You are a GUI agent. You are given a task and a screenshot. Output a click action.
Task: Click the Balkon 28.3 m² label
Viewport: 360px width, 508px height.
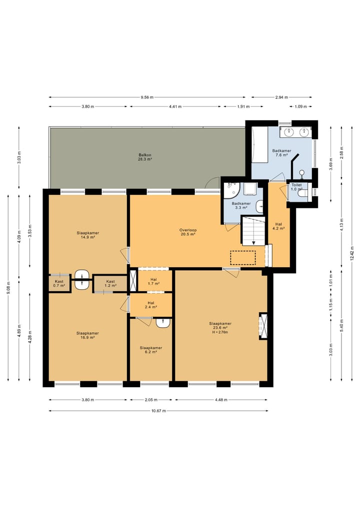145,157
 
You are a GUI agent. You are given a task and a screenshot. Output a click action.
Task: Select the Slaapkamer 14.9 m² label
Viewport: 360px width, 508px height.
88,235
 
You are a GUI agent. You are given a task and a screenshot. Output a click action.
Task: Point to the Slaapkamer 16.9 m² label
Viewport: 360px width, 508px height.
87,335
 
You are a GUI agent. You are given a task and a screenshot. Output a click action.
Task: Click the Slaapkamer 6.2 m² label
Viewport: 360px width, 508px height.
151,350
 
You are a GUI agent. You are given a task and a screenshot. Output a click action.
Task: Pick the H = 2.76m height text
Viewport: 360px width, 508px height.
220,332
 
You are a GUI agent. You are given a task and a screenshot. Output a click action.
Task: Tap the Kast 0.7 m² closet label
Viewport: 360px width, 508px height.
59,284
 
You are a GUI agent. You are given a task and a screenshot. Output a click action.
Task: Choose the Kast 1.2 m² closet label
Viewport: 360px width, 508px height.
110,284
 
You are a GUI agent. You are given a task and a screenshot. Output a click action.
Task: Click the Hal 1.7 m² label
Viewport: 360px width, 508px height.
153,282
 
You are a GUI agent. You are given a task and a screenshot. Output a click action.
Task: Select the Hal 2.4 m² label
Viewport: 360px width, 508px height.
151,305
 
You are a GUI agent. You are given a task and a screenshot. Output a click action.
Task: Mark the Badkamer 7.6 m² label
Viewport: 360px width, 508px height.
281,153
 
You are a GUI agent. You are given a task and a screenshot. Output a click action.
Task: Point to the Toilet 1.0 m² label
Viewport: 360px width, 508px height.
296,187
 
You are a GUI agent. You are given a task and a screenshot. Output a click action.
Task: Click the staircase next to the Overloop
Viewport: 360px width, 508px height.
253,231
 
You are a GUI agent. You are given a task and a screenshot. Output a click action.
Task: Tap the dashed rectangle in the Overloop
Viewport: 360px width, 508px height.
243,258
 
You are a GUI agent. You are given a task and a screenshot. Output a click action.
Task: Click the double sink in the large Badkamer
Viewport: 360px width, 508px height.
295,132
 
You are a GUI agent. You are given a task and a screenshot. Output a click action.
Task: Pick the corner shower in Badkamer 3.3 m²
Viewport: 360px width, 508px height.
231,190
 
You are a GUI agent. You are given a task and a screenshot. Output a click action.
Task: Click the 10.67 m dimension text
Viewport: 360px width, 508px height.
158,411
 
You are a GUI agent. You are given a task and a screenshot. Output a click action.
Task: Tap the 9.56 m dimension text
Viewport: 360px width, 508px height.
147,97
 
